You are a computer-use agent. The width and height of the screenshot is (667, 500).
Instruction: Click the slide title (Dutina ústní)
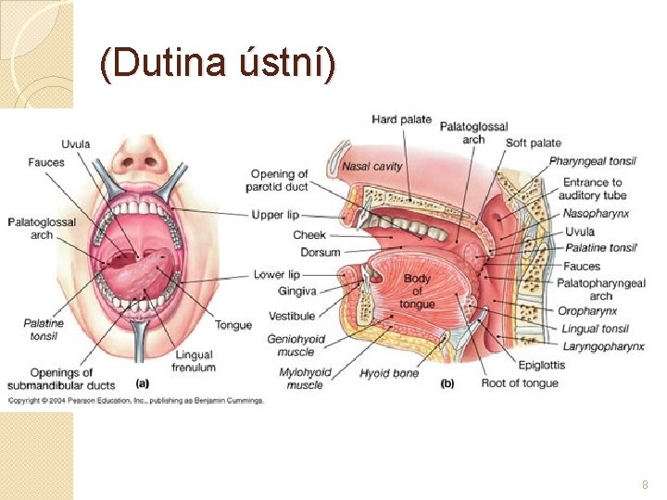click(219, 65)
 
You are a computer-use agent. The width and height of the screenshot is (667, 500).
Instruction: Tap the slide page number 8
click(646, 485)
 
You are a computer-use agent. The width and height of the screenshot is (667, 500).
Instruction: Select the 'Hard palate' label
click(401, 119)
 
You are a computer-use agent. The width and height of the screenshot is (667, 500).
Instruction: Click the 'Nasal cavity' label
click(371, 167)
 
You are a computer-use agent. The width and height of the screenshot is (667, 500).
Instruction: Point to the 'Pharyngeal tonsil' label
click(592, 161)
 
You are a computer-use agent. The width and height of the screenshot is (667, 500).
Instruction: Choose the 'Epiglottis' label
click(542, 365)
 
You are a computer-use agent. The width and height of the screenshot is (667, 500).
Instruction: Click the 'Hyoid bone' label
click(389, 373)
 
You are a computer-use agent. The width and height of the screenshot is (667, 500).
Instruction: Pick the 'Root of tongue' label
click(520, 383)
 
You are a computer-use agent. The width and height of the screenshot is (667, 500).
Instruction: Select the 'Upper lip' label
click(275, 215)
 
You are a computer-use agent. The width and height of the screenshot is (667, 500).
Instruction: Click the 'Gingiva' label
click(296, 291)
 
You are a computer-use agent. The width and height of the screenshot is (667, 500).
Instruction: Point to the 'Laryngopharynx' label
click(603, 346)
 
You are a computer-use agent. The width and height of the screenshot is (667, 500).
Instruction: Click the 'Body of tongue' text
click(417, 291)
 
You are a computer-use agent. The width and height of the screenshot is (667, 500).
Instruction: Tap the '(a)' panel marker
click(143, 381)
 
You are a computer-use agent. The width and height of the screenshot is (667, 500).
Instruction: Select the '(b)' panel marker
click(447, 382)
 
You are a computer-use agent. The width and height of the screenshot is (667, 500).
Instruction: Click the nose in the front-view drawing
click(141, 162)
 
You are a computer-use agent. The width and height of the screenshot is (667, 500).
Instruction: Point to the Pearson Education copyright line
click(136, 400)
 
